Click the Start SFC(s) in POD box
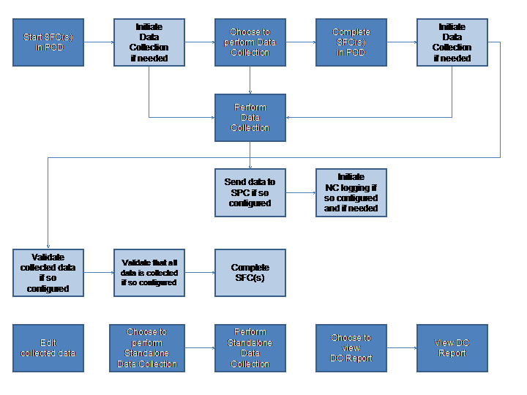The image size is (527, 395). click(48, 42)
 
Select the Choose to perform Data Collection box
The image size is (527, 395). click(250, 42)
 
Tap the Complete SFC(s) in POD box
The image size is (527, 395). click(351, 42)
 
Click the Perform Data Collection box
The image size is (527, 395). click(250, 117)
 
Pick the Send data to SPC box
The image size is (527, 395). click(250, 192)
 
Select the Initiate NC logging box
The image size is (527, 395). click(351, 192)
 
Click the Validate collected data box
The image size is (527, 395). click(48, 273)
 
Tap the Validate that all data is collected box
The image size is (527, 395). click(149, 273)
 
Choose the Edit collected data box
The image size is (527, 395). click(48, 348)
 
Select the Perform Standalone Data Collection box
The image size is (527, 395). click(250, 348)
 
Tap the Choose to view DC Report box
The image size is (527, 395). click(351, 348)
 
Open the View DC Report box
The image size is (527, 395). click(452, 348)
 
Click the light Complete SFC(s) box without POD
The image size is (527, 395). click(250, 273)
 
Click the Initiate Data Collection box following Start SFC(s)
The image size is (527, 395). click(149, 42)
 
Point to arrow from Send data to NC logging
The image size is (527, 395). click(300, 193)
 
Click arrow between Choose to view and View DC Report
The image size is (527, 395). click(401, 348)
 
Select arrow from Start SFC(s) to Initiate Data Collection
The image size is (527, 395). click(99, 42)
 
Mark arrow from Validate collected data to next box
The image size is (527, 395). click(99, 273)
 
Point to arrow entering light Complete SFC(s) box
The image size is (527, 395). click(199, 273)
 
